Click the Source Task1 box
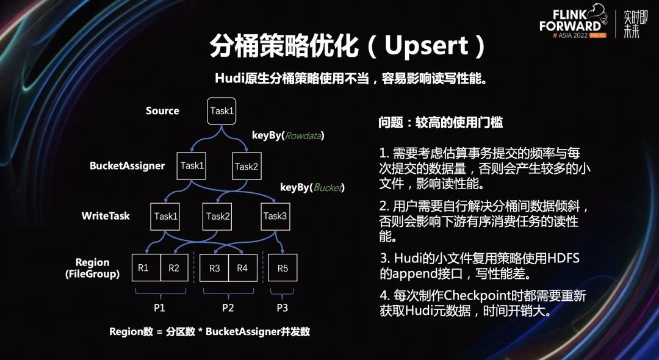221,111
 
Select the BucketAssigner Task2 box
247,166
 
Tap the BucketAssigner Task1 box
192,166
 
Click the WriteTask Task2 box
218,216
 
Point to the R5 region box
283,267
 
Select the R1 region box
146,267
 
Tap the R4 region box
242,267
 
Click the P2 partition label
228,308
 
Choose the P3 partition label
282,308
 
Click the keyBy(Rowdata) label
288,135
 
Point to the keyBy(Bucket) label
312,187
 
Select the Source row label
162,111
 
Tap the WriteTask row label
106,216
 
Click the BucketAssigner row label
127,166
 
